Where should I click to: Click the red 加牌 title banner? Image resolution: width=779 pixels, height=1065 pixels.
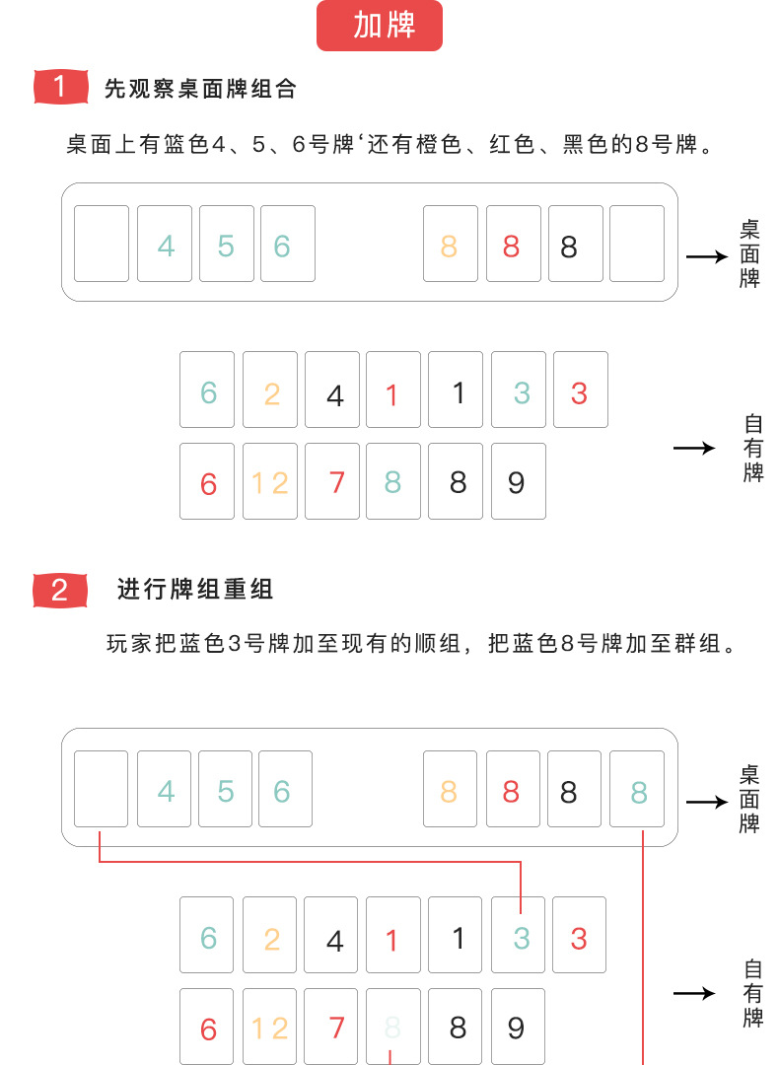coord(380,26)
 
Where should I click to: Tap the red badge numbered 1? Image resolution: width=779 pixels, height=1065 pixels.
coord(59,87)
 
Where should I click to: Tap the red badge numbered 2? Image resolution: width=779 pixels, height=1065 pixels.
coord(59,590)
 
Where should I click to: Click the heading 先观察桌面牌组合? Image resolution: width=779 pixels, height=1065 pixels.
coord(200,88)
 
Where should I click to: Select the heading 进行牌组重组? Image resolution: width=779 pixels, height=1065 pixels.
coord(195,590)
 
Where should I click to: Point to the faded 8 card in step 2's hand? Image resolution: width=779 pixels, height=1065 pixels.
coord(392,1027)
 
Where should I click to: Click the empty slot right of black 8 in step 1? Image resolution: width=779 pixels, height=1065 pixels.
coord(637,244)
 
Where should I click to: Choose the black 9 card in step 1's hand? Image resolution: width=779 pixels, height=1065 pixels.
coord(518,481)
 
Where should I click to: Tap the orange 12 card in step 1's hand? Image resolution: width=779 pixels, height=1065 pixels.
coord(269,481)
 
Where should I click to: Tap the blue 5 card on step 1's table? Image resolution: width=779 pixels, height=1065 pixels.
coord(226,244)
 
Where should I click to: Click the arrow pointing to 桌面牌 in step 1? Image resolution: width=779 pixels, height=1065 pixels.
coord(706,256)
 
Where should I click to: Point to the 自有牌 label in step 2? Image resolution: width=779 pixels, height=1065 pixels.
coord(752,994)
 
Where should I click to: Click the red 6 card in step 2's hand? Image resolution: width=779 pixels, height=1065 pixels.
coord(207,1027)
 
